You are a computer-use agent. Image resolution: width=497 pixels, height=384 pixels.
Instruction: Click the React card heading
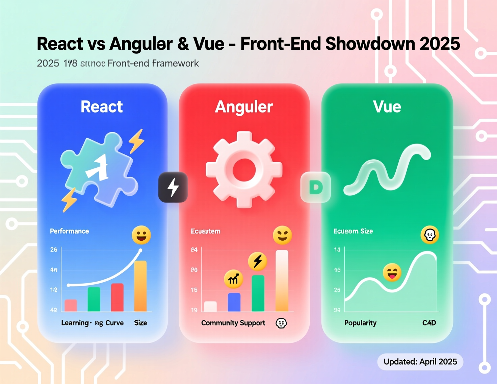102,107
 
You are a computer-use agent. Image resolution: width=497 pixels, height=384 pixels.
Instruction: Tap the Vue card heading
387,107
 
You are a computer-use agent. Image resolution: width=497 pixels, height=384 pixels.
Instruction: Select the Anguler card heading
244,107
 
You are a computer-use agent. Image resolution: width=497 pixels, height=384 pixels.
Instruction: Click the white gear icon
244,169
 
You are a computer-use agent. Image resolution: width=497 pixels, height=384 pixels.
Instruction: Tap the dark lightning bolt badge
173,187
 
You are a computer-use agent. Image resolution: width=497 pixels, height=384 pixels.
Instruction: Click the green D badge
316,187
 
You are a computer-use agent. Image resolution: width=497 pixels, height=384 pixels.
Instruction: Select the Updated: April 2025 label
420,362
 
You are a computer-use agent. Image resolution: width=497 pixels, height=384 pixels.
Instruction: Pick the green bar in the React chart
94,299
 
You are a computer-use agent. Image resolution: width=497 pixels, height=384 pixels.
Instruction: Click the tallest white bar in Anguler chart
282,281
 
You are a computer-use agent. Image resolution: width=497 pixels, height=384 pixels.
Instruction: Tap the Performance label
70,231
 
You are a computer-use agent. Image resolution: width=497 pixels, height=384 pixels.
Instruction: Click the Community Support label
233,323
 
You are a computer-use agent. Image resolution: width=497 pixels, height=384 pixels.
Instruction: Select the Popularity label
360,323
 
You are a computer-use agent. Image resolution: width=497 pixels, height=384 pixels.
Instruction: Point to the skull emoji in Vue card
429,235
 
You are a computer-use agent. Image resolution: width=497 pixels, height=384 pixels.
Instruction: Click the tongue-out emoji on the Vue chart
392,272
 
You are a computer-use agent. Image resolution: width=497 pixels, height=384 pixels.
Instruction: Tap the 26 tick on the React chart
54,250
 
